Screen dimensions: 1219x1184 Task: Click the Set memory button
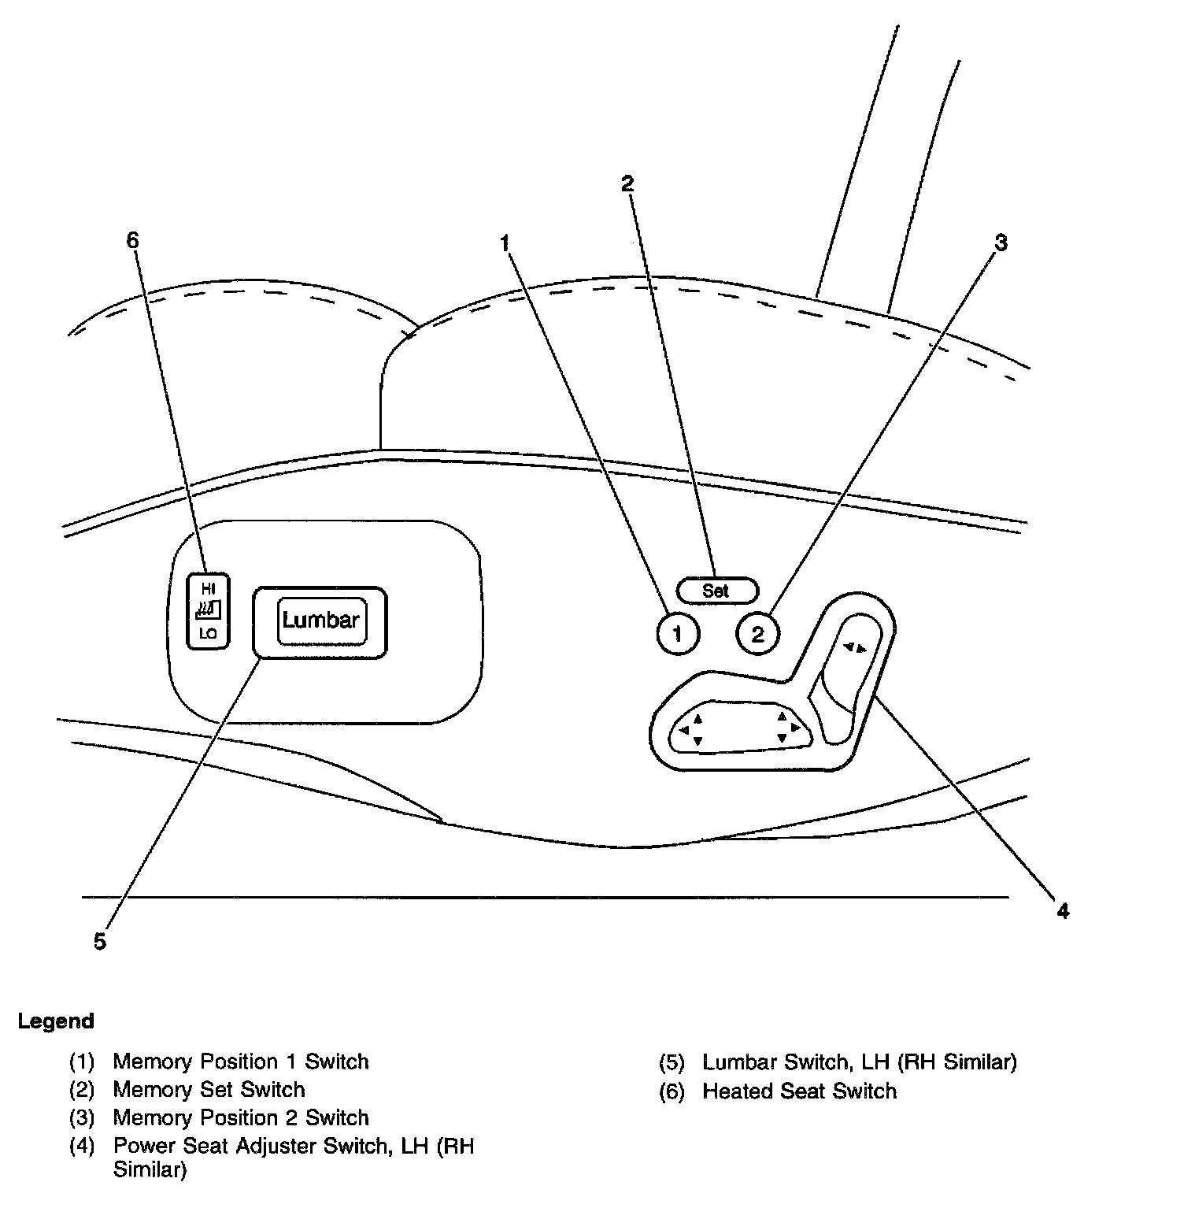[716, 590]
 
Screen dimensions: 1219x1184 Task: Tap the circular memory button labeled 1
[677, 634]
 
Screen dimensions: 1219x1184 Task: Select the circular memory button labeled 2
[757, 634]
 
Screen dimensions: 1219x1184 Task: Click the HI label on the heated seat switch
[208, 588]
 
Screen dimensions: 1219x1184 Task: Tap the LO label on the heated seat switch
[208, 633]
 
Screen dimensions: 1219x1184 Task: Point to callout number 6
[132, 240]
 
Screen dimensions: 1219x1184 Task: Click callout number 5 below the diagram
[99, 941]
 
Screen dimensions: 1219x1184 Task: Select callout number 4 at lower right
[1063, 911]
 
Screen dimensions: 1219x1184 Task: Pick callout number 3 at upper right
[1001, 243]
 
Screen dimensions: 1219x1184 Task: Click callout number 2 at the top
[627, 183]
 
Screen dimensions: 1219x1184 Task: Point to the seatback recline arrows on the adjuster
[854, 648]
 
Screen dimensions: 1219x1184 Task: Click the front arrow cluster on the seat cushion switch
[692, 729]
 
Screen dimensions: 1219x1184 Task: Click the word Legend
[56, 1021]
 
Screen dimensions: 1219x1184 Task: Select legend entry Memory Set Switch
[209, 1090]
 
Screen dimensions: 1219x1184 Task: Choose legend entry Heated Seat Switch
[799, 1091]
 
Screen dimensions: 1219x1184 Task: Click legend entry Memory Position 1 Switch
[240, 1062]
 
